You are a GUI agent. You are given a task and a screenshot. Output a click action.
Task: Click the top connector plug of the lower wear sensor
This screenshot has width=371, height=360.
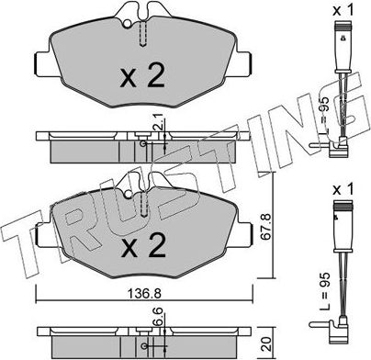tap(338, 219)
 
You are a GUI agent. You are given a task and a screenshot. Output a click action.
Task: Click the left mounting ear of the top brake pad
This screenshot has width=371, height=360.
tap(39, 65)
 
